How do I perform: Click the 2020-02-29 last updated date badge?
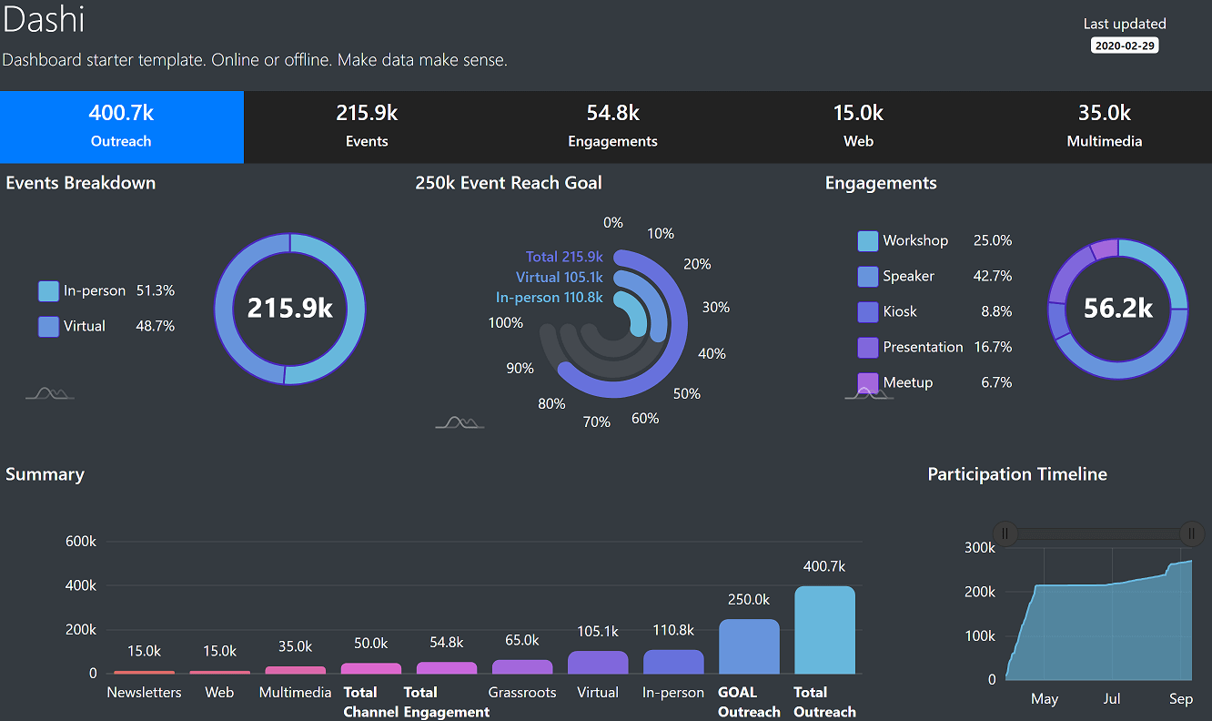coord(1124,46)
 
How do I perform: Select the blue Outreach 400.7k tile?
coord(121,127)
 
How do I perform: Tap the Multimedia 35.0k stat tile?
coord(1104,127)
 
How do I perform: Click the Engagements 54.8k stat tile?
coord(612,127)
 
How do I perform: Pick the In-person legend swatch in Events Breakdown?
coord(48,291)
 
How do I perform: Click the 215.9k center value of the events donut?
coord(290,308)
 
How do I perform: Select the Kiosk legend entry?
coord(899,311)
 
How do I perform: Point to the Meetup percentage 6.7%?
coord(996,382)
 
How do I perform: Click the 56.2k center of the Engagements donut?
coord(1118,309)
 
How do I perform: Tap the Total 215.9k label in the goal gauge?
coord(564,257)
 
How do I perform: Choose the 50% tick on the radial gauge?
coord(687,394)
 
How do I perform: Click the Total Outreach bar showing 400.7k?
coord(824,629)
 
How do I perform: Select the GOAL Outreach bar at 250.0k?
coord(749,646)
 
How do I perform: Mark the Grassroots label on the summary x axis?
coord(522,693)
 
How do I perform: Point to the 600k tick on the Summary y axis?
coord(81,542)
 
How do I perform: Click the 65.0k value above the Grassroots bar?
coord(522,641)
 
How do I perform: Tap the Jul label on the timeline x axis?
coord(1112,699)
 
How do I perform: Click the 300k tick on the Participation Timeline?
coord(980,547)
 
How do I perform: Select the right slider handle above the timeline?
coord(1191,533)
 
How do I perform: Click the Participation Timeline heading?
coord(1017,474)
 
